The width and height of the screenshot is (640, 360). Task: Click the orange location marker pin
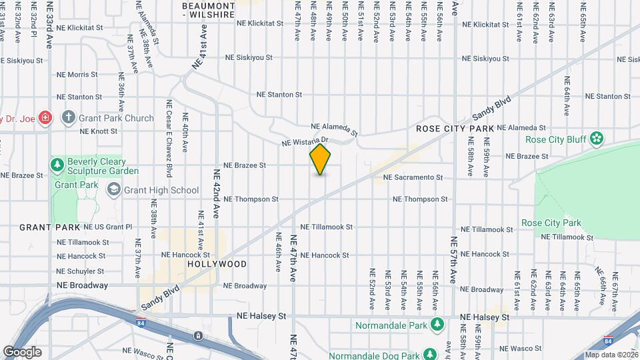(x=321, y=159)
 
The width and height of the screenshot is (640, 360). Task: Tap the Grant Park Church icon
(x=67, y=118)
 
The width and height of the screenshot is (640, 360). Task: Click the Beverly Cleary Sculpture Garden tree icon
(x=58, y=164)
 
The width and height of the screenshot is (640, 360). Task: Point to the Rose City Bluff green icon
(x=597, y=139)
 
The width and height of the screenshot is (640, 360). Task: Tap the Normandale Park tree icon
(x=437, y=325)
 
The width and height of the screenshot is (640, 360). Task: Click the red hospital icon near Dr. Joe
(x=45, y=118)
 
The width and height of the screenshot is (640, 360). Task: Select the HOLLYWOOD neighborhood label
(x=217, y=264)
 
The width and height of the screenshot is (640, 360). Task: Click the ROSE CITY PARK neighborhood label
(x=455, y=128)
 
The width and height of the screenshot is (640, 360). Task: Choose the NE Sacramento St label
(x=413, y=177)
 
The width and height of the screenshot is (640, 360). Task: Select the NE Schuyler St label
(x=80, y=271)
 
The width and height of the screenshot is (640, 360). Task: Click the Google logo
(x=22, y=351)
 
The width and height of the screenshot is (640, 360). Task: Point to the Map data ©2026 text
(x=611, y=355)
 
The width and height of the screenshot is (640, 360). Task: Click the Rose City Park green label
(x=551, y=223)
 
